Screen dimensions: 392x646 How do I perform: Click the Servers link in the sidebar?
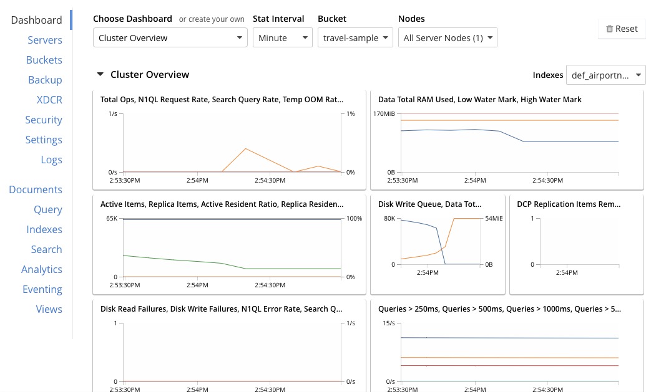(x=45, y=40)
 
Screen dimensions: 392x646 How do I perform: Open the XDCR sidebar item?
(x=49, y=100)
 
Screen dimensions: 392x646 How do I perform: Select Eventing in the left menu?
(x=42, y=289)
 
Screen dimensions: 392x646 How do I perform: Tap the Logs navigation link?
(x=51, y=160)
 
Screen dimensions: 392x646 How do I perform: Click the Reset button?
(x=621, y=29)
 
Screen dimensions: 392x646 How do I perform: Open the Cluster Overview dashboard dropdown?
(x=170, y=38)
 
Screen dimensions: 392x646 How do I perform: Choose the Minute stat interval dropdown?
(x=281, y=38)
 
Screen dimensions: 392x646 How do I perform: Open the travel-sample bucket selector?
(x=355, y=38)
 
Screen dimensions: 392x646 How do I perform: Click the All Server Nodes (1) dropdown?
(x=448, y=38)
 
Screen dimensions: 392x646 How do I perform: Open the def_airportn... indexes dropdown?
(x=605, y=75)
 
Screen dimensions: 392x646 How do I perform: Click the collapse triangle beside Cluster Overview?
(x=100, y=75)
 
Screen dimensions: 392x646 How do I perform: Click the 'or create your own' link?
(x=212, y=19)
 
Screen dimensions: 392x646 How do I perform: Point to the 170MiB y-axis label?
(x=384, y=114)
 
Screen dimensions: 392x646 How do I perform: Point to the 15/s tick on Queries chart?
(x=388, y=323)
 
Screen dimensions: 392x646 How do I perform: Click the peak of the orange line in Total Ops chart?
(x=246, y=148)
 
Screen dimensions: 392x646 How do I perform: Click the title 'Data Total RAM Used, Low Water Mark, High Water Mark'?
(x=479, y=99)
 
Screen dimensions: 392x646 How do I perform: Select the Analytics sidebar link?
(x=42, y=269)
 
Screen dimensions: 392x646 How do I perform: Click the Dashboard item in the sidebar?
(x=37, y=20)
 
